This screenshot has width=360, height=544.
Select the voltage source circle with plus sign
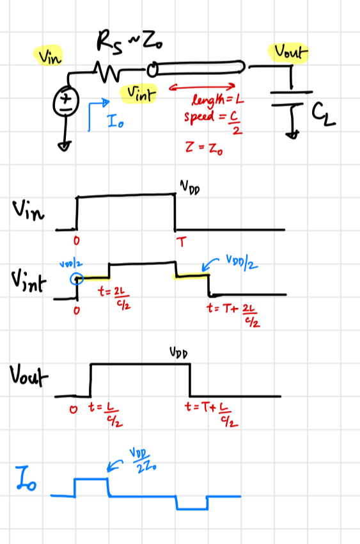[x=66, y=101]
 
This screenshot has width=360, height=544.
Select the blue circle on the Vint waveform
[x=77, y=278]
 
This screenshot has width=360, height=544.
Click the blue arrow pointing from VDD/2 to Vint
[x=209, y=266]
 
